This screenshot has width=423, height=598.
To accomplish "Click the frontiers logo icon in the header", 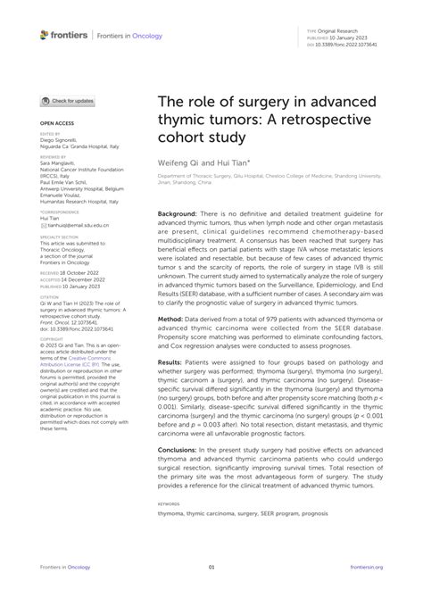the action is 45,35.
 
